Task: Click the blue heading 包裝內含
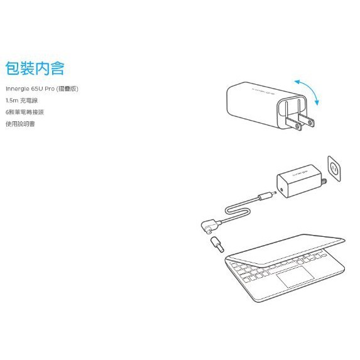35,68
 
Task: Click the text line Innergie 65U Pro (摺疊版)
42,89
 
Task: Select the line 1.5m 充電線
21,101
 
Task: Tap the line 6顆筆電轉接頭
25,112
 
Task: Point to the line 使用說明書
20,124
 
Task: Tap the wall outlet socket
334,169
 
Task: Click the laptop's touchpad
295,276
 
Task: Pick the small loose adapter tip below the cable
217,245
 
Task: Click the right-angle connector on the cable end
210,226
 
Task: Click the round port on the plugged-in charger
281,190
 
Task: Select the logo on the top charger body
263,91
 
